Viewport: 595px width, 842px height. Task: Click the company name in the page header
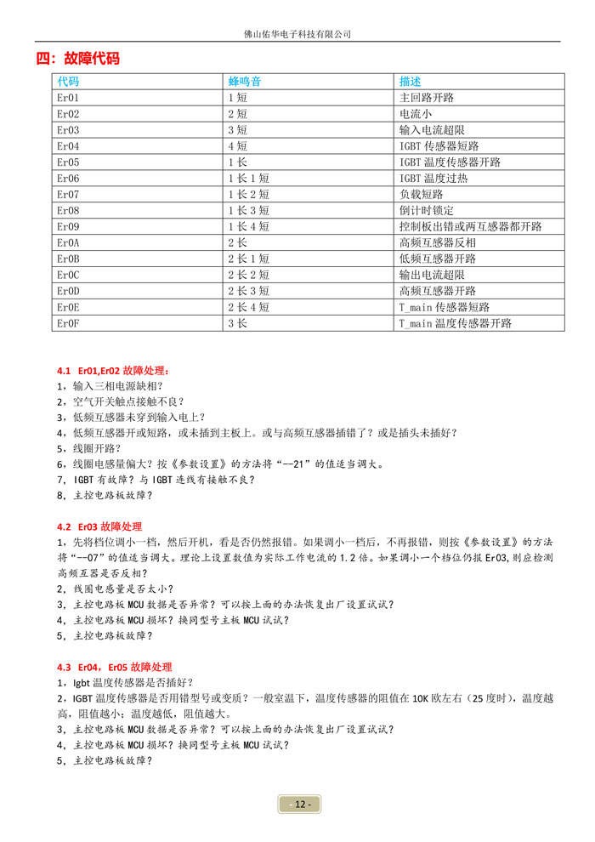pyautogui.click(x=297, y=34)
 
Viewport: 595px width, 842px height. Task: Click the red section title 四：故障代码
pyautogui.click(x=77, y=59)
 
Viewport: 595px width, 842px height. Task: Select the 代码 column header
pyautogui.click(x=68, y=82)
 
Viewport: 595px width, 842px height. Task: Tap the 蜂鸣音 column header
pyautogui.click(x=244, y=82)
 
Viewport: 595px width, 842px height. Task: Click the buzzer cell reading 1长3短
pyautogui.click(x=248, y=211)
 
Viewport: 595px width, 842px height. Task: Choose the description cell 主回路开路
pyautogui.click(x=427, y=98)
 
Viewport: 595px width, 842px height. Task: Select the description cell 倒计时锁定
pyautogui.click(x=427, y=211)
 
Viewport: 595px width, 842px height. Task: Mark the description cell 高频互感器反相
pyautogui.click(x=438, y=243)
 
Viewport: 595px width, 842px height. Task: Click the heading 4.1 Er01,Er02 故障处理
pyautogui.click(x=113, y=371)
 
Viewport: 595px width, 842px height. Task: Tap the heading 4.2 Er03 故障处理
pyautogui.click(x=99, y=526)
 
